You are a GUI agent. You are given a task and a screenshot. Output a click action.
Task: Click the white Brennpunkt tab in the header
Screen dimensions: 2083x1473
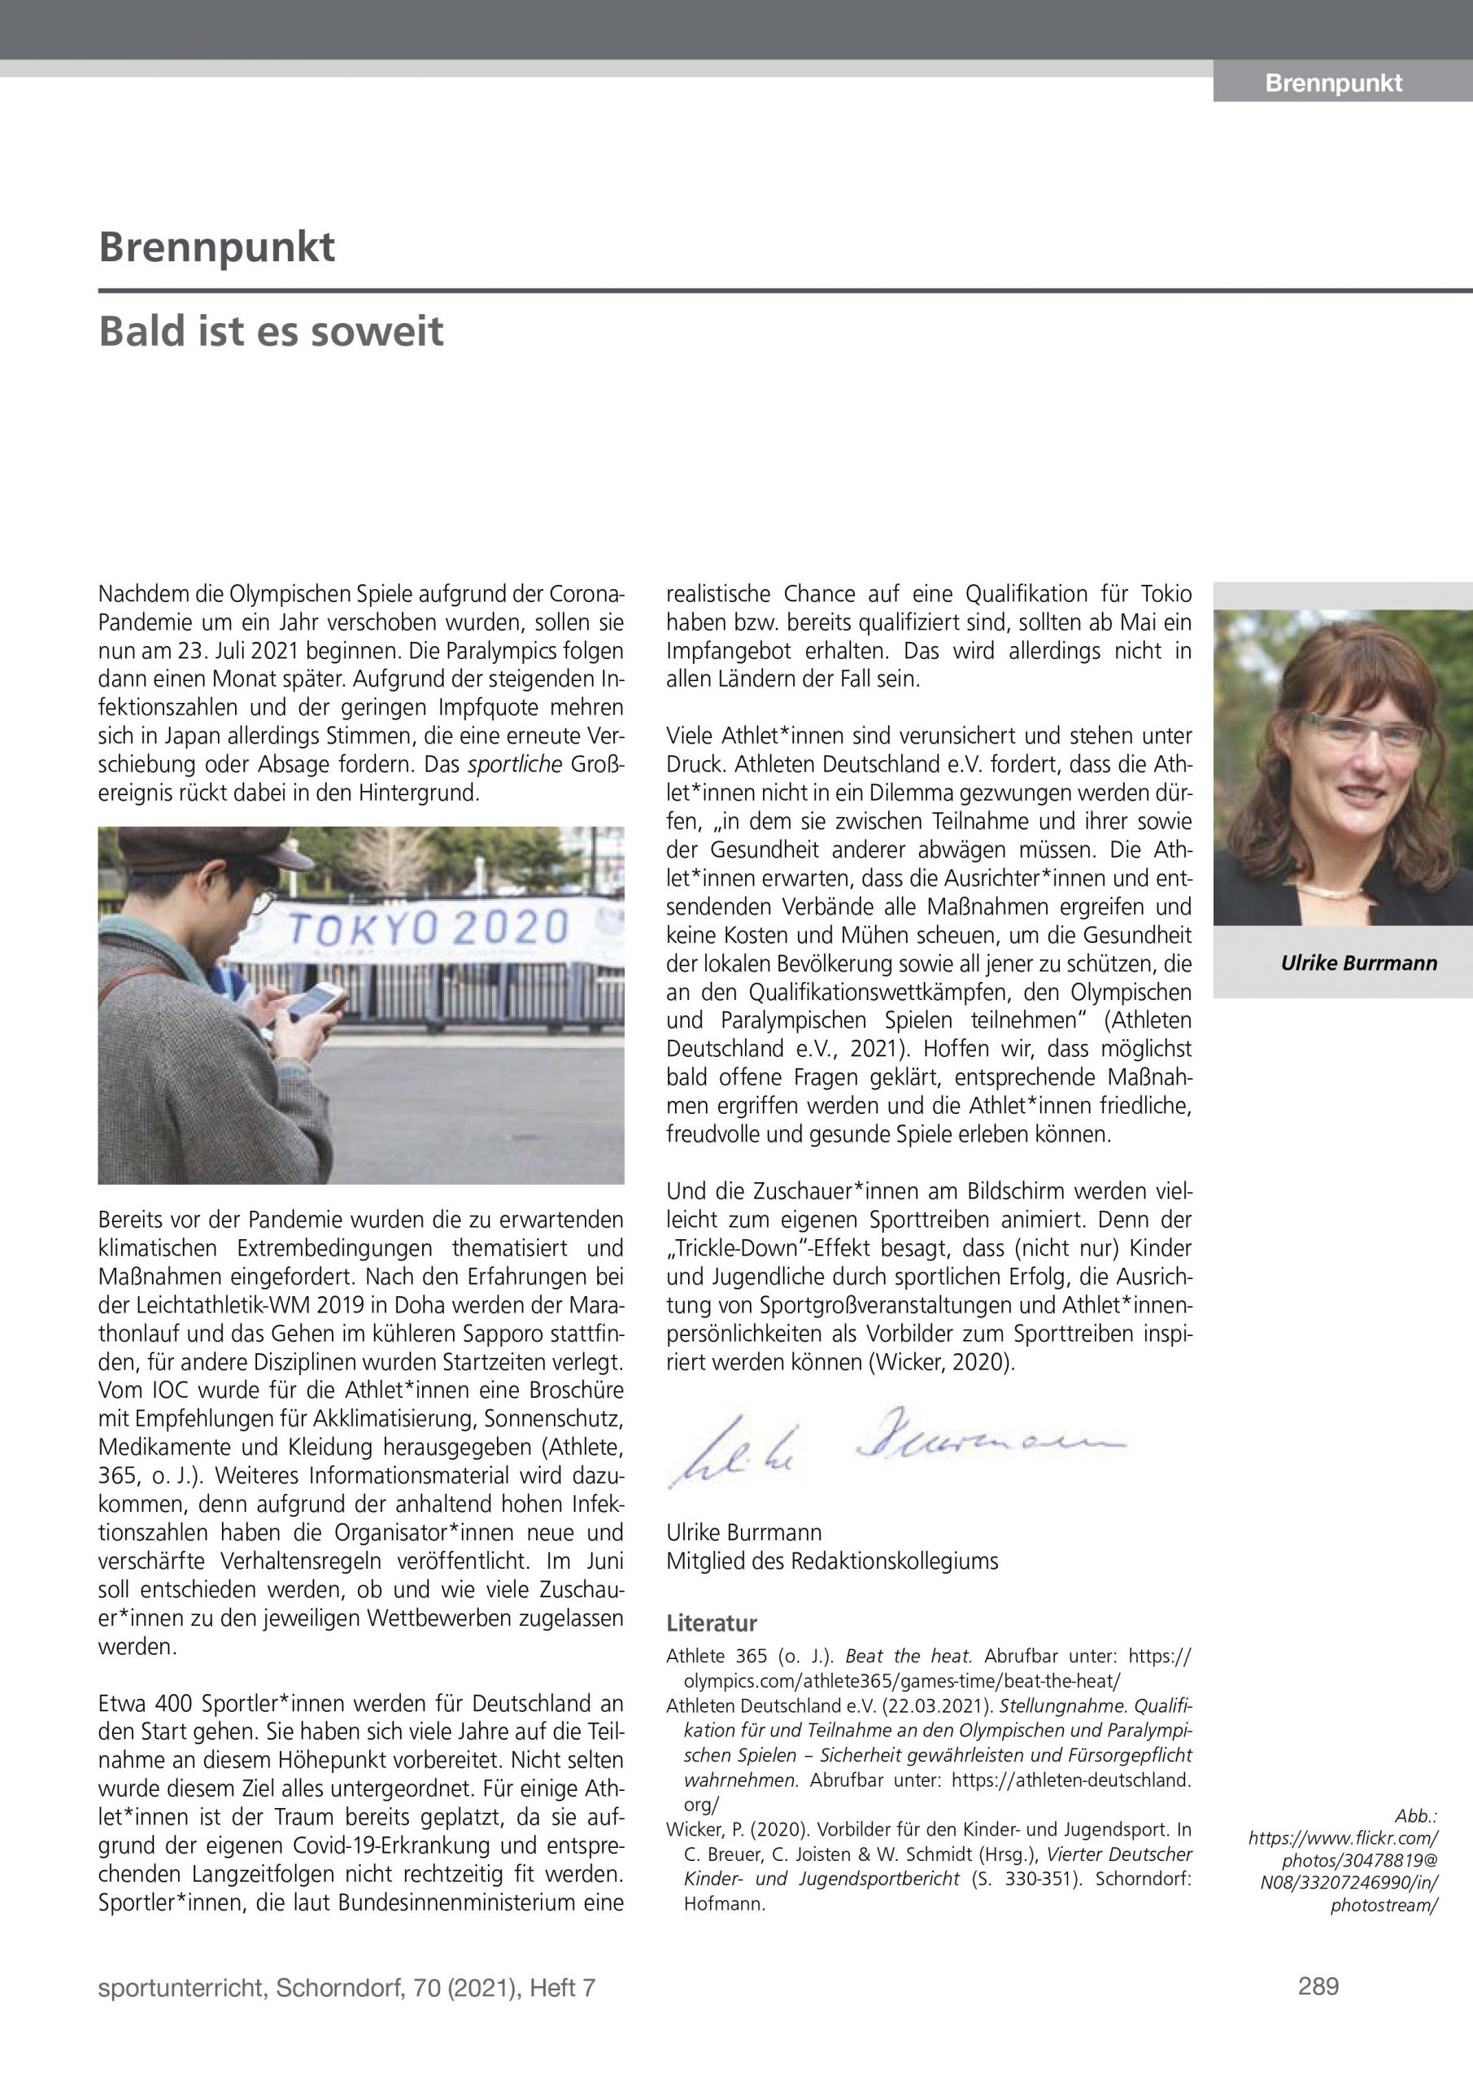tap(1333, 84)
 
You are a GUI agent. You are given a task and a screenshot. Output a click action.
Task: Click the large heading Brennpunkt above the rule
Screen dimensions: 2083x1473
tap(217, 247)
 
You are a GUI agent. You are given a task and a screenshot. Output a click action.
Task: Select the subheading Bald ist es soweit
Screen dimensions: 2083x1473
tap(271, 331)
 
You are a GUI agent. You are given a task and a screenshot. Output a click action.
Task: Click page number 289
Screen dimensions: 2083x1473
tap(1318, 1988)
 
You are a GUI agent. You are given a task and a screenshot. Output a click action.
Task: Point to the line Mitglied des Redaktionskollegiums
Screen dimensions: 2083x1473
tap(832, 1561)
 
